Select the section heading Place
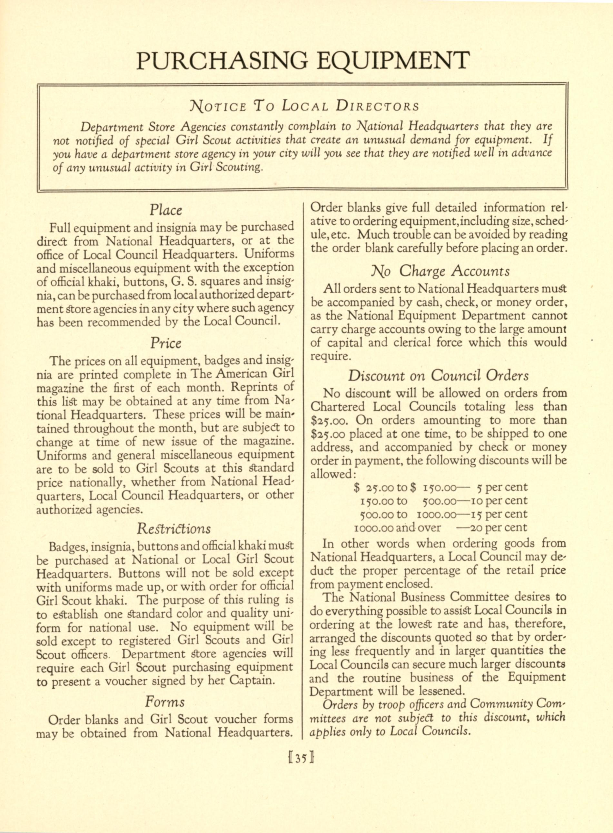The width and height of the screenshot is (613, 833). coord(166,210)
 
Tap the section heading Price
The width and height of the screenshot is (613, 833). coord(165,343)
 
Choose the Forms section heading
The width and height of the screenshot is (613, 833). coord(165,702)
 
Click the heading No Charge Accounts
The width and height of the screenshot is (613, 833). coord(440,271)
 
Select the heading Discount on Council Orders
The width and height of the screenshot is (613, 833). coord(438,376)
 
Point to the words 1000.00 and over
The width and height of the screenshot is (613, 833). coord(398,527)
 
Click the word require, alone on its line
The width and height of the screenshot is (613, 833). coord(330,356)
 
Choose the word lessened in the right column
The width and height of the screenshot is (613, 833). coord(441,691)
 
